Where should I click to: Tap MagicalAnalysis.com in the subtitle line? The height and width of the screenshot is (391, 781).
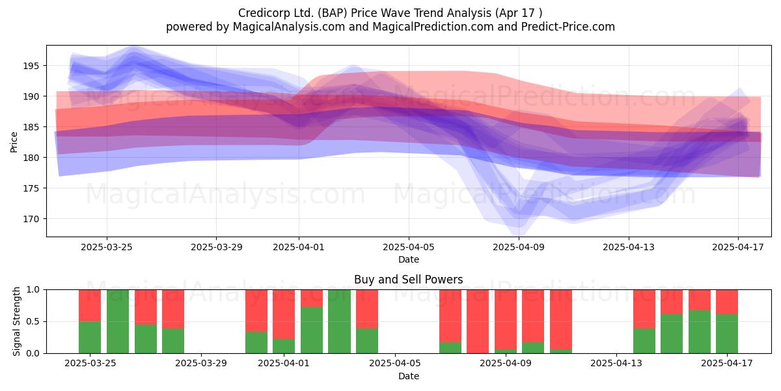(x=289, y=27)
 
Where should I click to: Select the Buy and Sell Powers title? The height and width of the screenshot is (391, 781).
(x=408, y=280)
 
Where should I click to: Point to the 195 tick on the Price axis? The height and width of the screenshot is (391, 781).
(x=31, y=66)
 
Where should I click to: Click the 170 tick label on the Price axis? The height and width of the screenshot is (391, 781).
(x=31, y=219)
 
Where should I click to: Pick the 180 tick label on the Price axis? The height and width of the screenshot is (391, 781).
(x=31, y=158)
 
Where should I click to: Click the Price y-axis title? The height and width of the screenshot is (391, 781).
(x=14, y=142)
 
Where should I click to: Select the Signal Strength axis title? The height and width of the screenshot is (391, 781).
(x=16, y=321)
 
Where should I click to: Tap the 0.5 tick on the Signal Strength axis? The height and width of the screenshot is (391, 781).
(x=33, y=321)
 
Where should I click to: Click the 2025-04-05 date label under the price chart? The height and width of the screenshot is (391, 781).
(x=409, y=247)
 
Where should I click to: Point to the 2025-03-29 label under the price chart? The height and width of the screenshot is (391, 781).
(x=217, y=247)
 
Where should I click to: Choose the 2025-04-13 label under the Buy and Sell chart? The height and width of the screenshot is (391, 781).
(x=616, y=364)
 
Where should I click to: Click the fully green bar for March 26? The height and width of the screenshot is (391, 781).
(x=118, y=321)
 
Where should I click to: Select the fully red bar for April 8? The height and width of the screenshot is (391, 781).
(x=478, y=321)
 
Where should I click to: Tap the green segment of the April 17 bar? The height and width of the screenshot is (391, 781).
(x=727, y=334)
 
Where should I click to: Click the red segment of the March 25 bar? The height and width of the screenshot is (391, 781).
(x=90, y=306)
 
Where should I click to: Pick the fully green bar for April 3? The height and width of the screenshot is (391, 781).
(x=339, y=321)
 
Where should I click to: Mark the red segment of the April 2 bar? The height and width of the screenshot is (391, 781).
(x=312, y=298)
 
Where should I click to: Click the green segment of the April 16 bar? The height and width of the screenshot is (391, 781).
(x=700, y=332)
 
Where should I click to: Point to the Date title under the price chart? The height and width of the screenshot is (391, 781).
(x=409, y=259)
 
